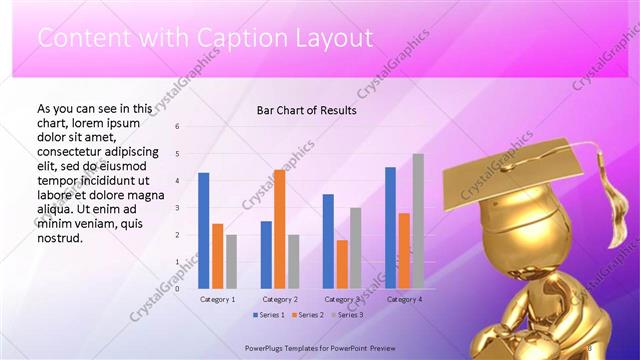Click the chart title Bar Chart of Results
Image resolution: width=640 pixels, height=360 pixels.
click(x=306, y=110)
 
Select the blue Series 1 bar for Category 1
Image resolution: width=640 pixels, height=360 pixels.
click(x=204, y=230)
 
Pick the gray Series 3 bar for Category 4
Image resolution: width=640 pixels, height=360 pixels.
click(x=418, y=220)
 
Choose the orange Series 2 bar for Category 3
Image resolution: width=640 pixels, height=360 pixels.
click(x=342, y=263)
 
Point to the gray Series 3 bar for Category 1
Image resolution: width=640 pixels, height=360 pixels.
click(x=232, y=261)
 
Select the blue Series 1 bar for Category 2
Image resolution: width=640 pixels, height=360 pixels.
click(x=266, y=254)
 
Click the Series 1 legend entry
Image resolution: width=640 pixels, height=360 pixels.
click(x=269, y=315)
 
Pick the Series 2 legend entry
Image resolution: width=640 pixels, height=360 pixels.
click(x=308, y=315)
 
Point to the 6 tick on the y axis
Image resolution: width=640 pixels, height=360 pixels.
click(x=176, y=127)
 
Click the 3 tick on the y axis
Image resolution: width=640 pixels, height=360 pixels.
click(x=176, y=208)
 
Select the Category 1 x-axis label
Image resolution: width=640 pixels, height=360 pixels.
click(x=218, y=299)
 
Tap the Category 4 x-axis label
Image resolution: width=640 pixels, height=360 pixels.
click(x=404, y=299)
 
